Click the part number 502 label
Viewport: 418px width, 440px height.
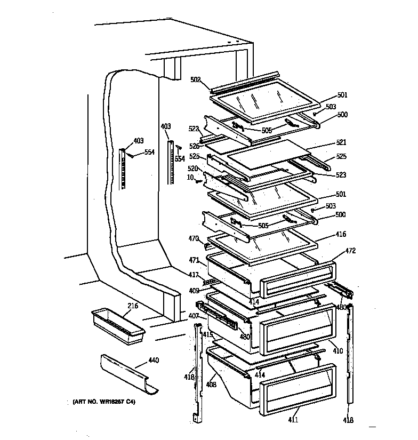195,79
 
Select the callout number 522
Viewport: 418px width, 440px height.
194,129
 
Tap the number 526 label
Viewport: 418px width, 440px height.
194,146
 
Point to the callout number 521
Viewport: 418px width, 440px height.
341,142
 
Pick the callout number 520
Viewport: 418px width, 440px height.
192,168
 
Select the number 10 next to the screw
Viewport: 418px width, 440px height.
190,177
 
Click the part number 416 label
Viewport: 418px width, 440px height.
341,234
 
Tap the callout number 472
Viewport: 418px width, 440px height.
350,250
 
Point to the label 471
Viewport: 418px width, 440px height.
194,260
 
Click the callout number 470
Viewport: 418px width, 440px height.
193,238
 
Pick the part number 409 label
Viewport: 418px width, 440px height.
194,291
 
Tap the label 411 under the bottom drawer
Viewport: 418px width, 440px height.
293,420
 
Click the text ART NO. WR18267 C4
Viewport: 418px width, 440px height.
104,401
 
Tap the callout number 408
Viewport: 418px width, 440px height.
212,383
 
